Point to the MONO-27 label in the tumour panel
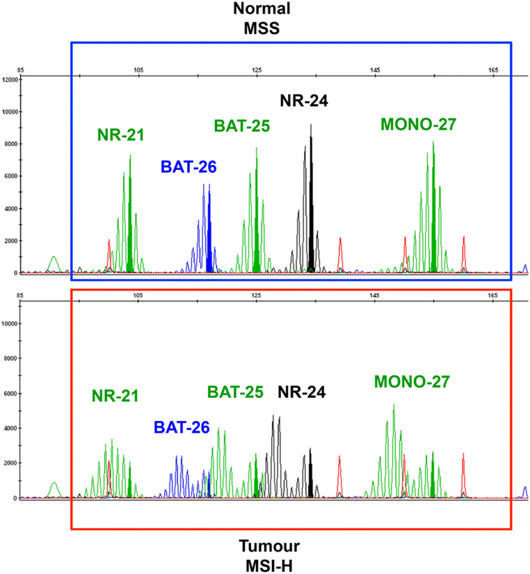[412, 381]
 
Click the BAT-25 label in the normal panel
[241, 126]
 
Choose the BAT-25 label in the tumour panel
[236, 393]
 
